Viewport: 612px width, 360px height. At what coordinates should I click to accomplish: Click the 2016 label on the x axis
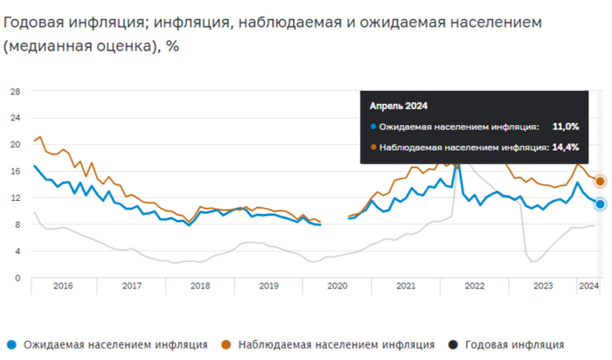(63, 286)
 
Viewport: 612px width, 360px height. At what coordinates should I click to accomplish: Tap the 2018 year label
(199, 286)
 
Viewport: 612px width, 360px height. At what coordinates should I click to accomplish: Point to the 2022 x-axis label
(474, 286)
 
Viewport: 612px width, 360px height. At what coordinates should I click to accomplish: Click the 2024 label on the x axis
(588, 286)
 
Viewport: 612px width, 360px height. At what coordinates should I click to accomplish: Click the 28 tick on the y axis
(15, 91)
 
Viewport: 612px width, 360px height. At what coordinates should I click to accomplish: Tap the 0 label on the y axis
(17, 278)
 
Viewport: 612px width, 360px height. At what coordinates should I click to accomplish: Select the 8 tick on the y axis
(17, 225)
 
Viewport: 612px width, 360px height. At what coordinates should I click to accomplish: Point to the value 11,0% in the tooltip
(565, 127)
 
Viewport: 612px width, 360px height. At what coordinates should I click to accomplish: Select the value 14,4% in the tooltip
(565, 147)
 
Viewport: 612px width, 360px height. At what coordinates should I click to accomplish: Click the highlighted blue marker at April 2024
(601, 204)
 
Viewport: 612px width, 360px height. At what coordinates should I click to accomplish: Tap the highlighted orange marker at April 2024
(601, 182)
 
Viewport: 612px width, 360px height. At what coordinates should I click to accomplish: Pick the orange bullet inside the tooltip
(373, 147)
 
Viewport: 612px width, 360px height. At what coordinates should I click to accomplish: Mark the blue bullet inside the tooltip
(373, 127)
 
